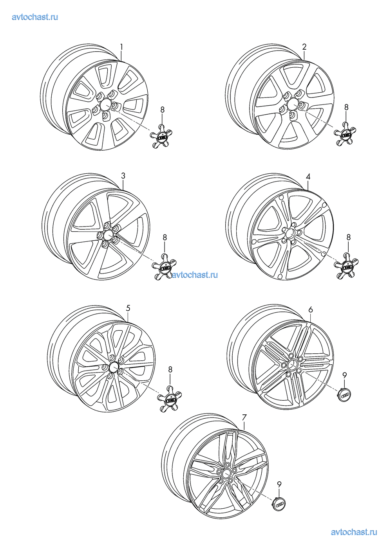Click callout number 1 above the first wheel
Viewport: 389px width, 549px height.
tap(121, 47)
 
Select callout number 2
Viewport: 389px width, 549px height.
tap(304, 47)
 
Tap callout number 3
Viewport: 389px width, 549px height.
tap(123, 176)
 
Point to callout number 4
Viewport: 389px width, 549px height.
tap(308, 176)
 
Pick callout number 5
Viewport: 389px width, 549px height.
tap(128, 308)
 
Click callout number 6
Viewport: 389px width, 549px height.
tap(311, 310)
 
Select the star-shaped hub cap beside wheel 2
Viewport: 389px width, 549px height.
tap(345, 134)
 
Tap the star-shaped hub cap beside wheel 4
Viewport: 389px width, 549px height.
tap(347, 266)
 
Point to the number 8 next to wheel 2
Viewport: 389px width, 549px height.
tap(346, 107)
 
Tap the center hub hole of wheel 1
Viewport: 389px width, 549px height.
tap(106, 105)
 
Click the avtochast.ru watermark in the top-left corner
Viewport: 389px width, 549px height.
tap(35, 17)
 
